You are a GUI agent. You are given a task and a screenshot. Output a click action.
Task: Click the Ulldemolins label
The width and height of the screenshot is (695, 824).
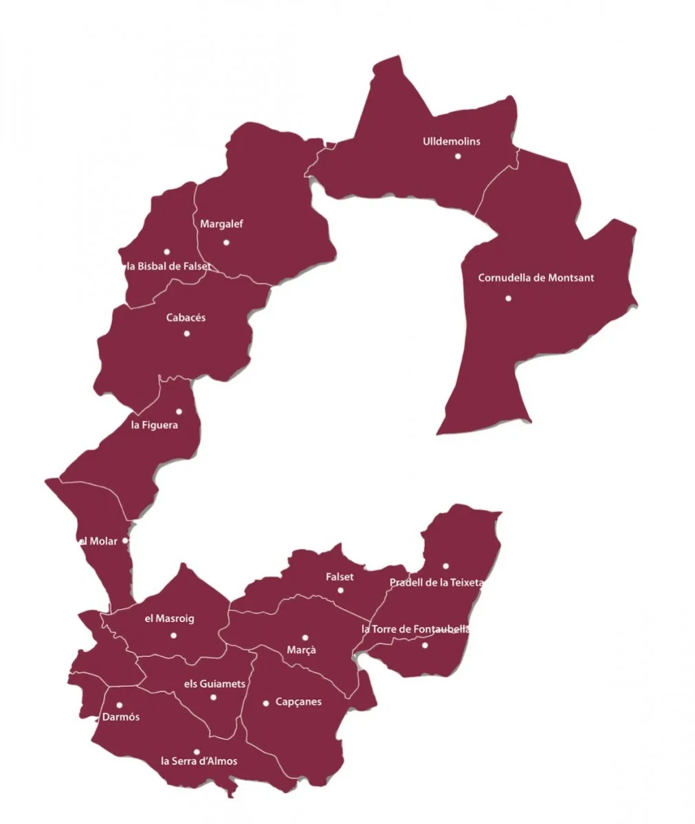451,141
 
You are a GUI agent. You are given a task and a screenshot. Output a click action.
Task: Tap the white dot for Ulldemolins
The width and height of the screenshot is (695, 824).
458,156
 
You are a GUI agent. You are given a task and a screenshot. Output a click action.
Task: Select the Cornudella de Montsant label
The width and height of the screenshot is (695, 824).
536,278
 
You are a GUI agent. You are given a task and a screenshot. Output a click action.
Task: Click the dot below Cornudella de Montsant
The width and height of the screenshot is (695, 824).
508,298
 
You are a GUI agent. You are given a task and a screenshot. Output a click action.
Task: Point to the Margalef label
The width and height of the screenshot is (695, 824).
221,224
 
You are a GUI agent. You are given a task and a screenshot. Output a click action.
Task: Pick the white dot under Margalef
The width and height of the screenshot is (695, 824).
226,242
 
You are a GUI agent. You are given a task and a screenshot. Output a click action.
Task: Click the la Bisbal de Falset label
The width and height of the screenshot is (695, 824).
168,266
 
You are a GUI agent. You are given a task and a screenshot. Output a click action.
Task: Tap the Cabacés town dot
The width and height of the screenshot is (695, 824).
186,334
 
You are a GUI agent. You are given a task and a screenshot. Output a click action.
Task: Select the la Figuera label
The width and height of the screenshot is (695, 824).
154,425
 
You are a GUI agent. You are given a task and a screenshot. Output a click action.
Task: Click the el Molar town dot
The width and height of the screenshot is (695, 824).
124,540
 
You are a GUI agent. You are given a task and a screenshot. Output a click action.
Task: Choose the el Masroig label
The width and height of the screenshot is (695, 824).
169,619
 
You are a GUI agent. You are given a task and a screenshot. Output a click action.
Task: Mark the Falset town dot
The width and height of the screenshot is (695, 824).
340,590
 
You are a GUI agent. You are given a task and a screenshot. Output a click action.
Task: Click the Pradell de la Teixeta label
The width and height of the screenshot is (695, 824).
437,583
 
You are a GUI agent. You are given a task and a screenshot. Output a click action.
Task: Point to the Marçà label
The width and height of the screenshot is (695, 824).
301,650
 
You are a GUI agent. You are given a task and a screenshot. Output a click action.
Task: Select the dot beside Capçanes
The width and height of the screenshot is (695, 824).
266,702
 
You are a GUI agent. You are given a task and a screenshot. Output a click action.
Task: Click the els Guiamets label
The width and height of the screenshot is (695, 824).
215,684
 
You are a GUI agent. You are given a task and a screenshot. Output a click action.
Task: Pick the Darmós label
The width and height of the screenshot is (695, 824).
120,717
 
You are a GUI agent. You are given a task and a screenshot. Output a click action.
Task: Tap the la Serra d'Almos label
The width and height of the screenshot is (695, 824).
199,761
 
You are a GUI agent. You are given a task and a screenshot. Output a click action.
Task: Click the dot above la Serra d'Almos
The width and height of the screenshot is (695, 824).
197,751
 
